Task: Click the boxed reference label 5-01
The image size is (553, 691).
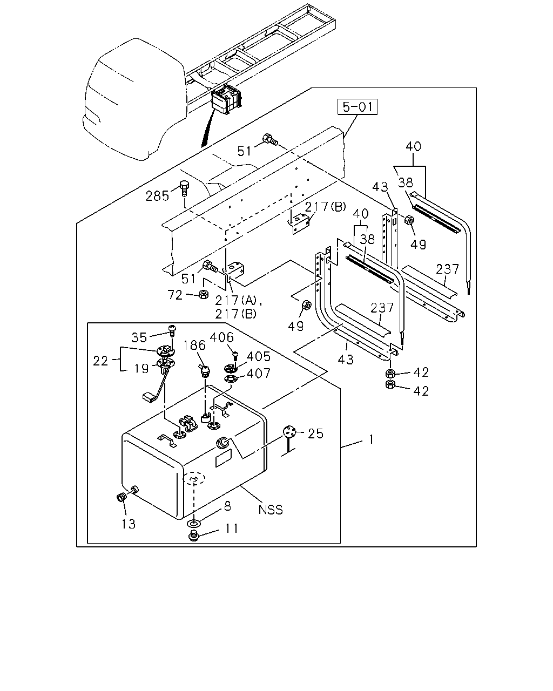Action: click(358, 107)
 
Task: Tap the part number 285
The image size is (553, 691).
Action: click(157, 196)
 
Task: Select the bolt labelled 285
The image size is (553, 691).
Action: click(184, 188)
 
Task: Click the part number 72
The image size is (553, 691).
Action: click(175, 295)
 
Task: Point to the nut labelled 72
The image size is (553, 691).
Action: click(203, 294)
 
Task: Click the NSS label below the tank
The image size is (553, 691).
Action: click(271, 510)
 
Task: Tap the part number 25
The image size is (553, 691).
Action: click(315, 433)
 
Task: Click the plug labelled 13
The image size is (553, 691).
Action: click(121, 498)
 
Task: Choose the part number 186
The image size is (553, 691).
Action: click(194, 345)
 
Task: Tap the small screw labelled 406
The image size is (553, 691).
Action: click(235, 355)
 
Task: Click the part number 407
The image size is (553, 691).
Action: click(258, 373)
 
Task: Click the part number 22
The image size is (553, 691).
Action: click(100, 361)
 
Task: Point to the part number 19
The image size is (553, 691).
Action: click(141, 369)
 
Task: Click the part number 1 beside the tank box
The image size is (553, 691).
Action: click(371, 439)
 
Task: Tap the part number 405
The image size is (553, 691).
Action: click(258, 356)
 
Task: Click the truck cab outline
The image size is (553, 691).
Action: click(135, 99)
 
